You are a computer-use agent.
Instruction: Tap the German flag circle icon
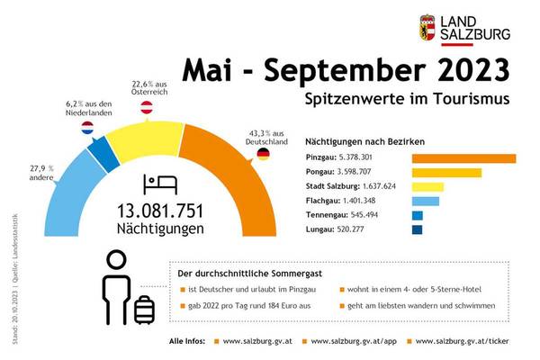tap(263, 155)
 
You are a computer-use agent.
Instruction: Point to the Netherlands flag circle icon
tap(89, 130)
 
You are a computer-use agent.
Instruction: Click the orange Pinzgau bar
tap(463, 158)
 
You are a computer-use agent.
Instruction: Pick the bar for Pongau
tap(446, 173)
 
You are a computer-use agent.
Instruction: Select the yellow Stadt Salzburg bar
tap(427, 187)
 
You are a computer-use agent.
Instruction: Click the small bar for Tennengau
tap(417, 216)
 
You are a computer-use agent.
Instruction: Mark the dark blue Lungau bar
tap(417, 230)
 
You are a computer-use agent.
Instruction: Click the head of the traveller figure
tap(116, 261)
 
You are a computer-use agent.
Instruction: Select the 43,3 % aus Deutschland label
tap(267, 138)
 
